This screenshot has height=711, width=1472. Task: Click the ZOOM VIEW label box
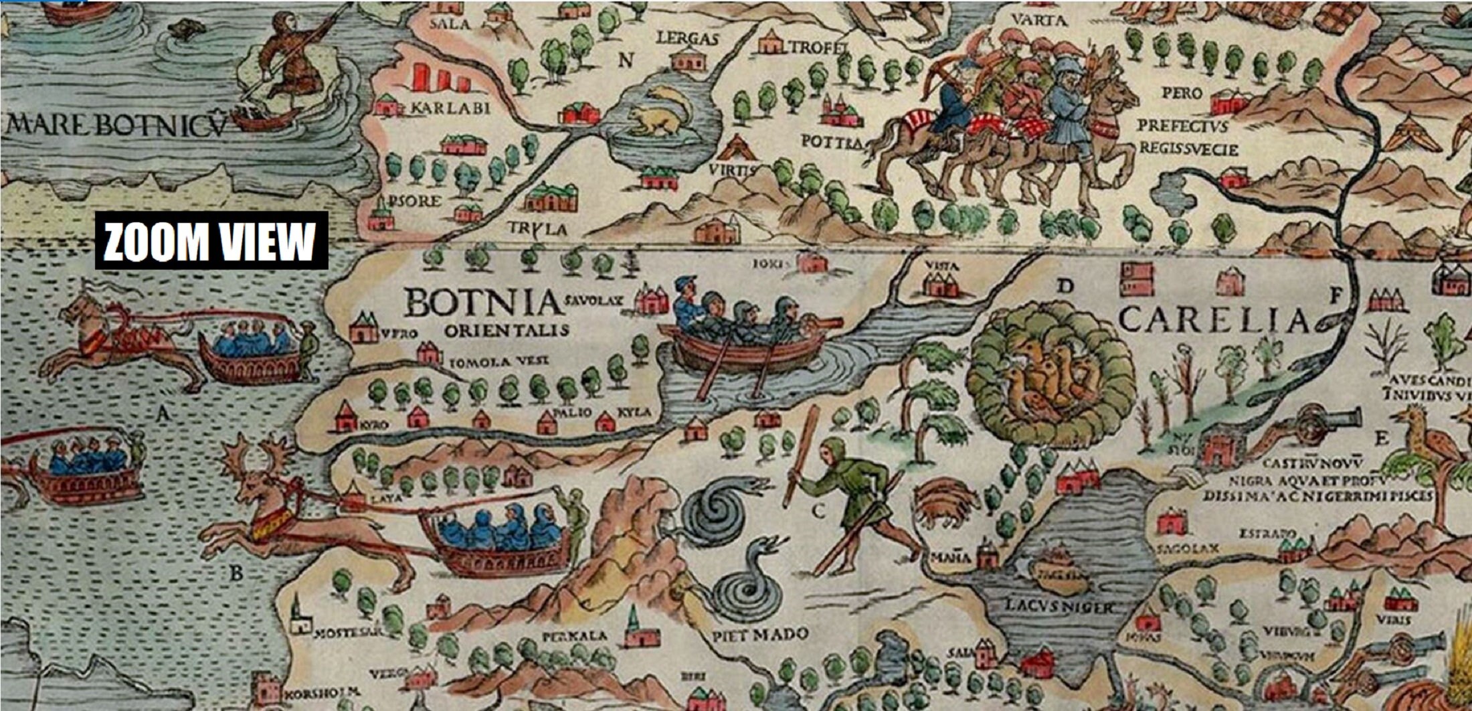pos(211,241)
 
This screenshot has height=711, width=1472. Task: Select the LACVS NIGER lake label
pos(1060,607)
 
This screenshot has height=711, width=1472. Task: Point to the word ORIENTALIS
pos(507,330)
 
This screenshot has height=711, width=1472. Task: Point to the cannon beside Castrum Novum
pos(1321,421)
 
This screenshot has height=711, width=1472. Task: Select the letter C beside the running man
pos(818,511)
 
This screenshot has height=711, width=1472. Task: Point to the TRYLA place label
pos(537,228)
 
